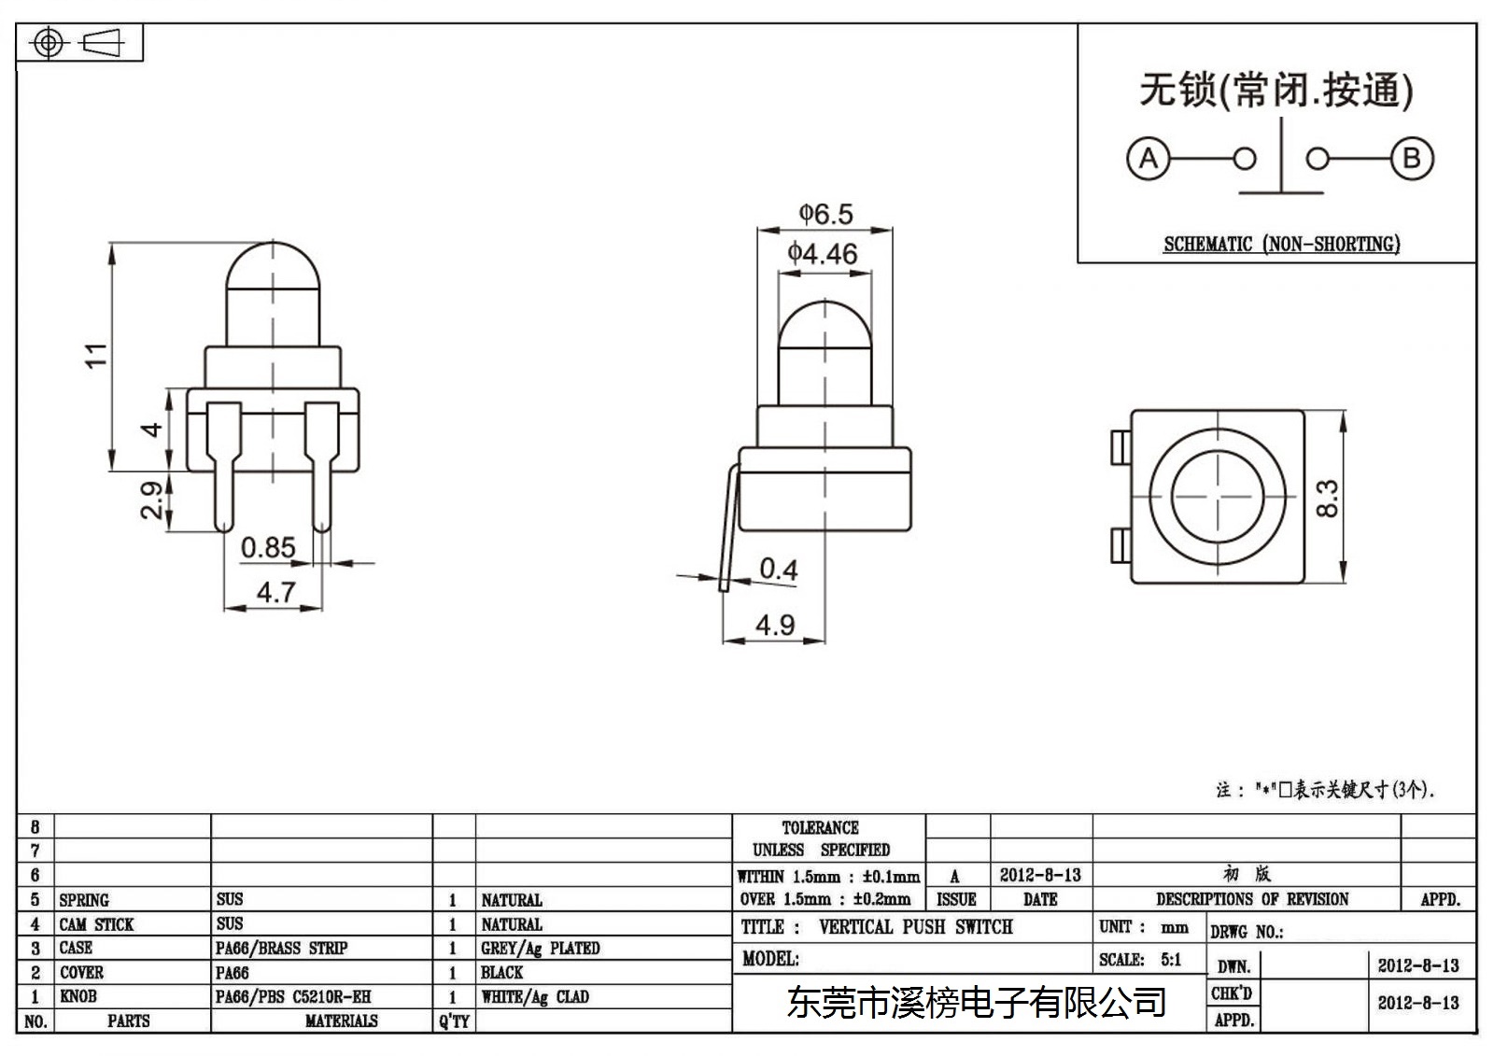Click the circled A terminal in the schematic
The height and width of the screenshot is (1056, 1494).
pyautogui.click(x=1148, y=159)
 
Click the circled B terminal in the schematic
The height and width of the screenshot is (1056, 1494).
pyautogui.click(x=1412, y=159)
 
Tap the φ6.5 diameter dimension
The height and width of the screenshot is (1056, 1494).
pyautogui.click(x=825, y=214)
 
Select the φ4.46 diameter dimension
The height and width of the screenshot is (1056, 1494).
pyautogui.click(x=823, y=254)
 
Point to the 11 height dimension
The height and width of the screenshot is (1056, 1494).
pyautogui.click(x=96, y=355)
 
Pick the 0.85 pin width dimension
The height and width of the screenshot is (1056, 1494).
pyautogui.click(x=268, y=548)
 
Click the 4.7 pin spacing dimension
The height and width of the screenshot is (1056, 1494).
pyautogui.click(x=276, y=592)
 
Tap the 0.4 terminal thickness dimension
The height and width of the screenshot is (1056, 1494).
pyautogui.click(x=779, y=569)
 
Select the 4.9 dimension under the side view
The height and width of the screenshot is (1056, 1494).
pyautogui.click(x=775, y=625)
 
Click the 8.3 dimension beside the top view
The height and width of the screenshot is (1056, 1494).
pyautogui.click(x=1327, y=499)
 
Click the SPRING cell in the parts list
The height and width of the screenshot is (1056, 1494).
pyautogui.click(x=84, y=900)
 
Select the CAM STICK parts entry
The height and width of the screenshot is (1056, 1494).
pyautogui.click(x=97, y=924)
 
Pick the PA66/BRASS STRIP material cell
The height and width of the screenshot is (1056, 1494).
pyautogui.click(x=281, y=948)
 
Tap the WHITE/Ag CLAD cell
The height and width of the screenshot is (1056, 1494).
pyautogui.click(x=535, y=996)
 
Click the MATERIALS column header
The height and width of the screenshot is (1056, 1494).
pyautogui.click(x=342, y=1021)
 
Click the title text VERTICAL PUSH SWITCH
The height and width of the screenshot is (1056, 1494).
pyautogui.click(x=916, y=926)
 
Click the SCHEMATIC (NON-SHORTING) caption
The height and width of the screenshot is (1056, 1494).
pyautogui.click(x=1282, y=244)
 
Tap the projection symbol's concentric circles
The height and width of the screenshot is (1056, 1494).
pyautogui.click(x=49, y=43)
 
